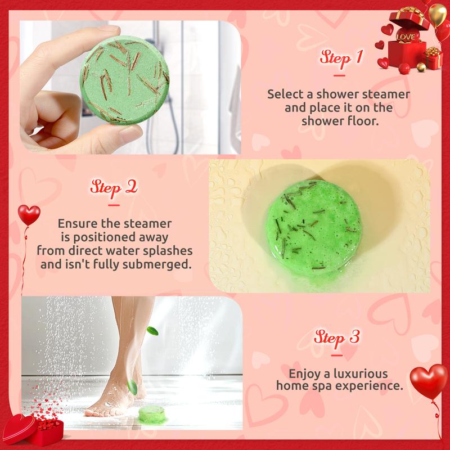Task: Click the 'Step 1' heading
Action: click(x=340, y=58)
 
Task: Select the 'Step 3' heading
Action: click(x=336, y=338)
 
